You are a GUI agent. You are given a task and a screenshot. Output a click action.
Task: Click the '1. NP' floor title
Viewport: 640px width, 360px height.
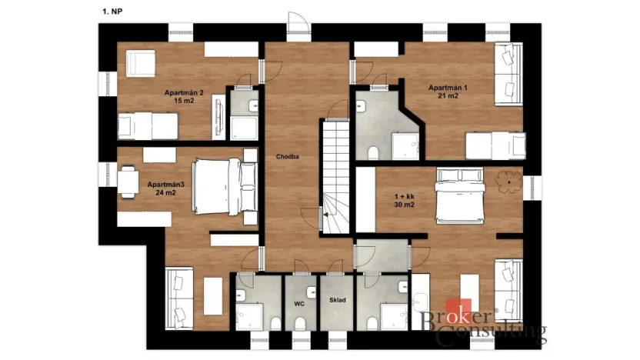[111, 12]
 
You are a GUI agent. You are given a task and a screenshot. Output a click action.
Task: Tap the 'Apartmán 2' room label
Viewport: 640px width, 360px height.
[184, 92]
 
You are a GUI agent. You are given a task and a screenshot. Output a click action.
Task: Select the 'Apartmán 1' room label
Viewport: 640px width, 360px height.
[448, 88]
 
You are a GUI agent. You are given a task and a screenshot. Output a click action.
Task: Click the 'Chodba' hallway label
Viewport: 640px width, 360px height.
[288, 157]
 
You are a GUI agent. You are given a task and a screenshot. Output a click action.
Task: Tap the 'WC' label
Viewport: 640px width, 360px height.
[299, 303]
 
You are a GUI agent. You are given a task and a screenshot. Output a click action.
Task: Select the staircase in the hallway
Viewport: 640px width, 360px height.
[335, 177]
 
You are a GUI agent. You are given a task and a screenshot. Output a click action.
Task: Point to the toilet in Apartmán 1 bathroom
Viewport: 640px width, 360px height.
[372, 152]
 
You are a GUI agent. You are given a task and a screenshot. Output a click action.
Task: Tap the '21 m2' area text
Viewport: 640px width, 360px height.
[448, 96]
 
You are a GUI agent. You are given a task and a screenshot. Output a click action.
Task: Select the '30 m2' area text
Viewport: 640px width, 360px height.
[404, 205]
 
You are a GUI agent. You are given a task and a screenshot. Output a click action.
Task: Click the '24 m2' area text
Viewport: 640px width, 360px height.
[165, 193]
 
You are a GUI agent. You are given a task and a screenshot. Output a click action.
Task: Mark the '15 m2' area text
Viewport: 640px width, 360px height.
[184, 101]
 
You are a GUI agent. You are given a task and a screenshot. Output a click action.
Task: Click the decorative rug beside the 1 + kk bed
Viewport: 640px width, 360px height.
[507, 182]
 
